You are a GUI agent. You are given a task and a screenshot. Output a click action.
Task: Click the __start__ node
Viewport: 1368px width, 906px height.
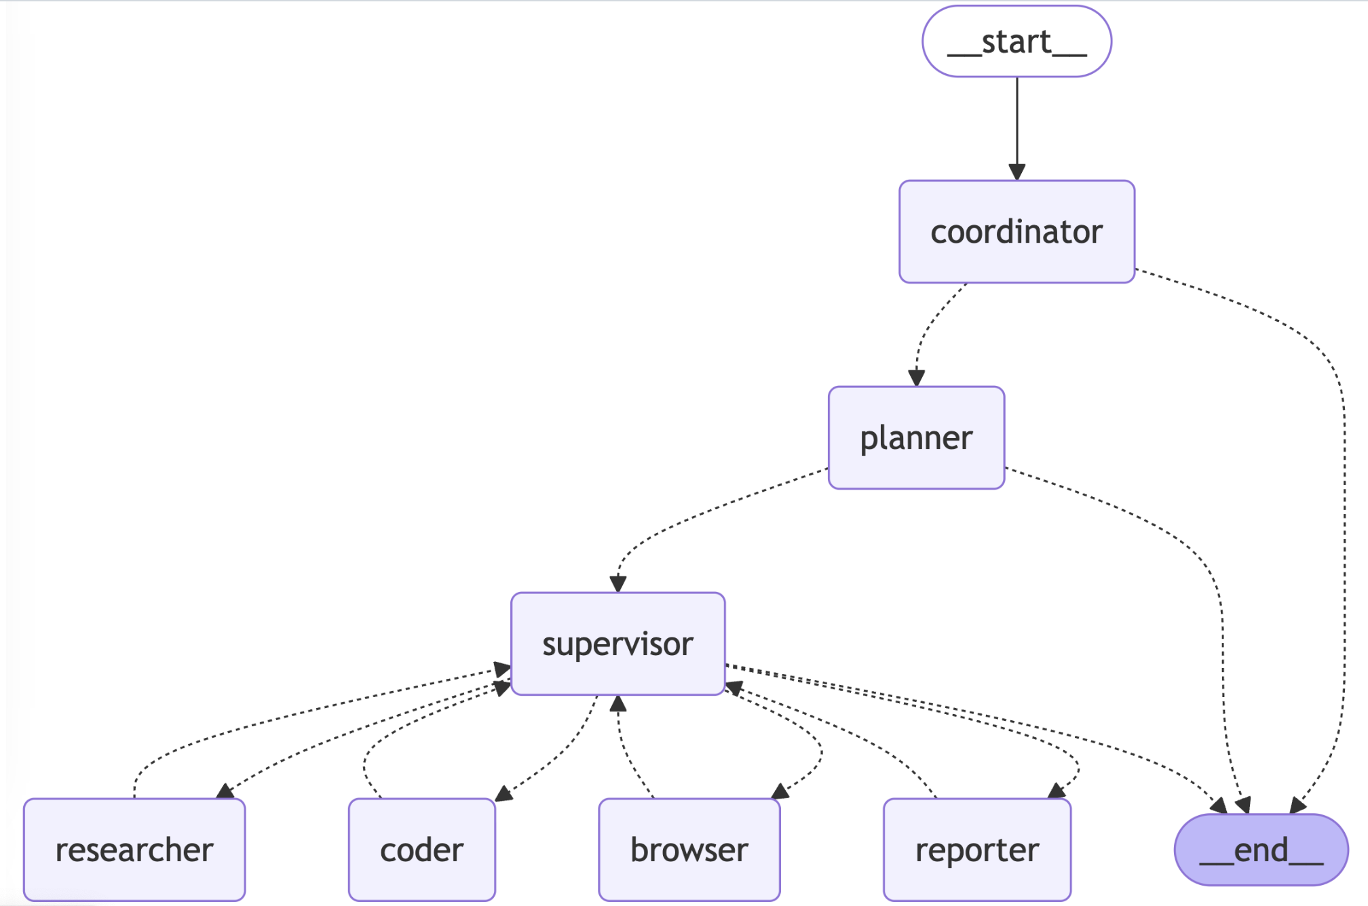coord(1016,41)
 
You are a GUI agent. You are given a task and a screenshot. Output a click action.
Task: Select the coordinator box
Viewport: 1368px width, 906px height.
coord(1016,232)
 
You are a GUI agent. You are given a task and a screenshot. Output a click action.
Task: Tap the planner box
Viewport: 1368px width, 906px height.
coord(916,437)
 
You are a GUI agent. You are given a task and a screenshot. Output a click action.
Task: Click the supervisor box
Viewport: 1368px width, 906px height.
coord(617,644)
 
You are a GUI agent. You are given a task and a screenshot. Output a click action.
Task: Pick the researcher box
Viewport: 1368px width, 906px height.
coord(134,850)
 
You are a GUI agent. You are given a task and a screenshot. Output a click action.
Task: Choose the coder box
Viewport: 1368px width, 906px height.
coord(421,850)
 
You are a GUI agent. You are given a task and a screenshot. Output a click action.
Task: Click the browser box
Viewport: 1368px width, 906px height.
coord(689,850)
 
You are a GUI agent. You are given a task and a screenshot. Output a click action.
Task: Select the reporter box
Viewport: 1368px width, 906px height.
coord(977,850)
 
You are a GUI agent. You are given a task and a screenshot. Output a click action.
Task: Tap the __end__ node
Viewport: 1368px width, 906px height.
coord(1261,850)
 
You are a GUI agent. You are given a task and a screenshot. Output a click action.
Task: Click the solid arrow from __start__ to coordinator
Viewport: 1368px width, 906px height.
coord(1016,129)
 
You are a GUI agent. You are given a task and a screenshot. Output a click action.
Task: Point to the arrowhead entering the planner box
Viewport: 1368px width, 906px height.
coord(917,378)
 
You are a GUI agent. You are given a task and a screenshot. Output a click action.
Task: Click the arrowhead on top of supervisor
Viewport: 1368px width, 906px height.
coord(617,584)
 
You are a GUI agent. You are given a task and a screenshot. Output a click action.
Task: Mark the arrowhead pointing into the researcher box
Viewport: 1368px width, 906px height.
coord(225,791)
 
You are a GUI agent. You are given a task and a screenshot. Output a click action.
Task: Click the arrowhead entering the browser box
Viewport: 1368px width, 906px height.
coord(780,791)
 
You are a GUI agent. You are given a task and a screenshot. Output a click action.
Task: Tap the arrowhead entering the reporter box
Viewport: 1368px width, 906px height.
coord(1057,790)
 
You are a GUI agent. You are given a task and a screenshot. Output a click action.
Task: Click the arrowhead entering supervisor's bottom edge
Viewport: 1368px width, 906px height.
coord(617,704)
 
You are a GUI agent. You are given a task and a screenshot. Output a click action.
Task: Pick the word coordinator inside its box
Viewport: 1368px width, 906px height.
coord(1016,232)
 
